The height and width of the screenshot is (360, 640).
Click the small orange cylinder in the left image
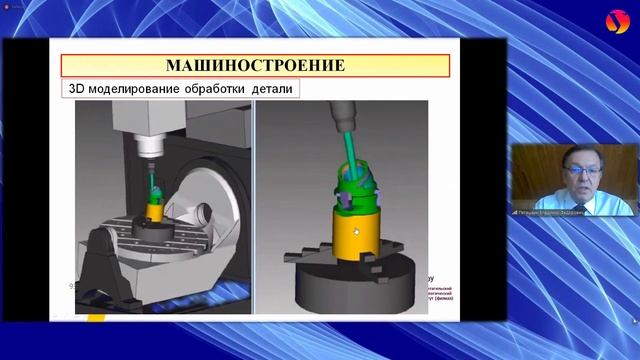pos(157,210)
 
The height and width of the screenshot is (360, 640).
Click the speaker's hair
pos(569,151)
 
